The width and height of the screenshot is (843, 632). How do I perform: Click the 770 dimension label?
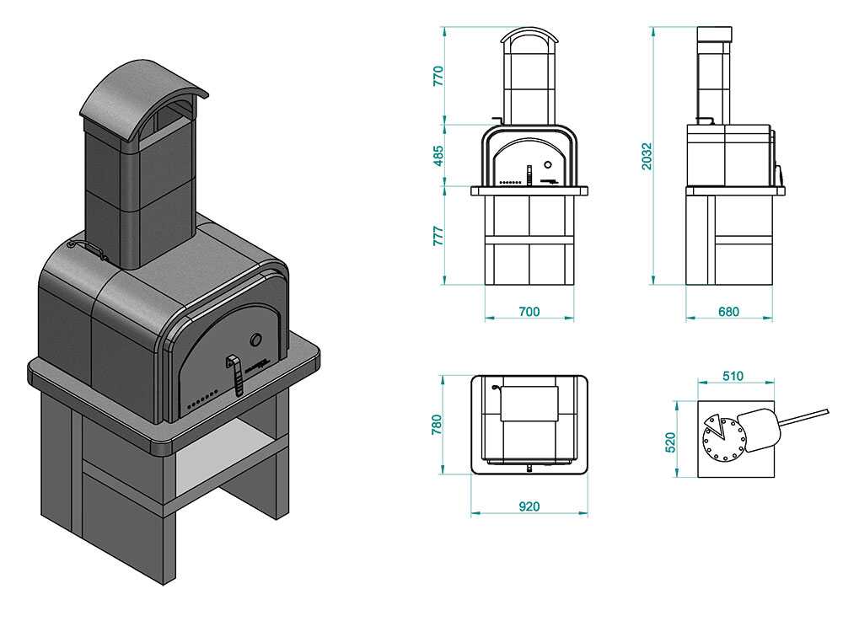pyautogui.click(x=438, y=76)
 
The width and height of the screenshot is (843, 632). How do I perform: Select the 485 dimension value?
pyautogui.click(x=438, y=157)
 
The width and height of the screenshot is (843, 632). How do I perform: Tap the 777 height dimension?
pyautogui.click(x=438, y=236)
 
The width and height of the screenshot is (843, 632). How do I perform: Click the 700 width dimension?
pyautogui.click(x=529, y=312)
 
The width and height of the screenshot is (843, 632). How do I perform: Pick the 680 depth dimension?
pyautogui.click(x=728, y=312)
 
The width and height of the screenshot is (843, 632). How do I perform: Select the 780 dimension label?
pyautogui.click(x=437, y=424)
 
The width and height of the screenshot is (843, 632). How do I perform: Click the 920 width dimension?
pyautogui.click(x=529, y=506)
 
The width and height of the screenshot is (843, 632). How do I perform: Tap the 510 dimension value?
pyautogui.click(x=733, y=376)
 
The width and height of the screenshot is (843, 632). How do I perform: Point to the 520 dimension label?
pyautogui.click(x=670, y=441)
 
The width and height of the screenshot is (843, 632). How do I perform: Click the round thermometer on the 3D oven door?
pyautogui.click(x=255, y=340)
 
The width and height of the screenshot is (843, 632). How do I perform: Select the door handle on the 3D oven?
pyautogui.click(x=236, y=375)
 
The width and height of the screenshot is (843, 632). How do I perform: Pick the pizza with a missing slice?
pyautogui.click(x=723, y=437)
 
